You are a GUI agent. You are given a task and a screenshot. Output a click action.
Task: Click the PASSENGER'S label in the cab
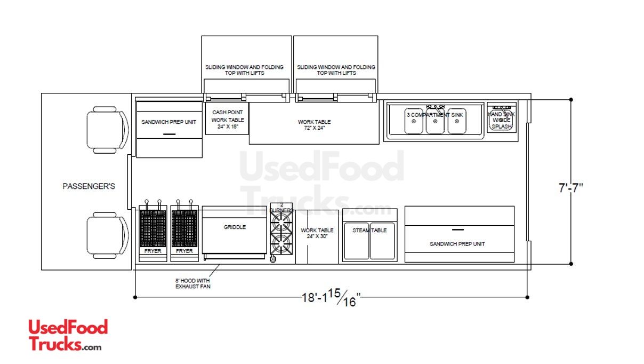[89, 186]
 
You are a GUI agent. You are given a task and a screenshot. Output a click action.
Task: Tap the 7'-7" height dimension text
[570, 188]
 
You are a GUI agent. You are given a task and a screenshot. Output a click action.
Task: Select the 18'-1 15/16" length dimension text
[331, 298]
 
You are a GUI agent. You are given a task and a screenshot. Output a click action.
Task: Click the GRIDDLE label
[235, 227]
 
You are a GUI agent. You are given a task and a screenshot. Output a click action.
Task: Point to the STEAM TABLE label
[369, 230]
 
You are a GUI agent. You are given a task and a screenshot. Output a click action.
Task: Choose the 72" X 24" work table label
[314, 125]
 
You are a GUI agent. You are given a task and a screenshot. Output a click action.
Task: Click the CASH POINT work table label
[228, 120]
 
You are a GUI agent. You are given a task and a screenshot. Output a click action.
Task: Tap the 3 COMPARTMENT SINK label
[434, 115]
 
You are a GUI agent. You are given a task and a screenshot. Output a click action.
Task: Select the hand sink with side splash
[502, 118]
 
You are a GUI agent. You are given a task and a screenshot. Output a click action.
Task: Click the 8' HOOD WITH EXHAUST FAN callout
[192, 283]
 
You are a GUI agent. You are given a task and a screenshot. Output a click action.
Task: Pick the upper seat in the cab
[108, 130]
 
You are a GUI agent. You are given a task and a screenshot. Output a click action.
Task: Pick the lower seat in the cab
[108, 236]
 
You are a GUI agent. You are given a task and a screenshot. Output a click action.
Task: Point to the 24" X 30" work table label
[317, 233]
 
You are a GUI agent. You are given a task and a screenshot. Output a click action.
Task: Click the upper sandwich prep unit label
[169, 122]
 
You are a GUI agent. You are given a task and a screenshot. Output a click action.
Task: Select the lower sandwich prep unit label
[457, 244]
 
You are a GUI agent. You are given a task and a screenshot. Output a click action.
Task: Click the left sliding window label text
[244, 70]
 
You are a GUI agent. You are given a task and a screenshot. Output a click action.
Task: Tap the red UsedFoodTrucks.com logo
[68, 335]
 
